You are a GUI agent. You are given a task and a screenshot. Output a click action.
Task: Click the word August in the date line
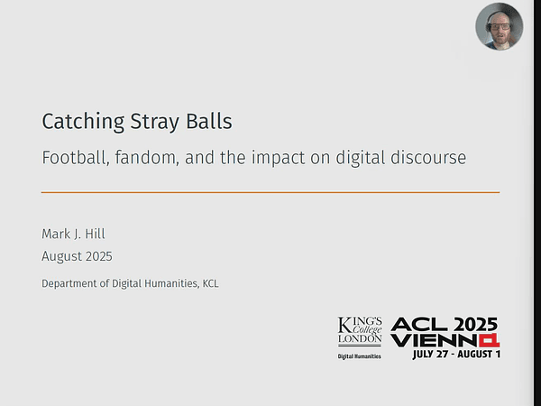pos(60,256)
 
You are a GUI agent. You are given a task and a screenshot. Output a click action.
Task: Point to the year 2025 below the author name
pos(97,256)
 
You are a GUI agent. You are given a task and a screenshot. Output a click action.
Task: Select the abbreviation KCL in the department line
pos(210,283)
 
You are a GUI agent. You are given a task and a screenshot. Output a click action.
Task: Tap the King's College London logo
pos(360,332)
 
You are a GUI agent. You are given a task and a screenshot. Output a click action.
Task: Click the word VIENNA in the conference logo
pos(445,340)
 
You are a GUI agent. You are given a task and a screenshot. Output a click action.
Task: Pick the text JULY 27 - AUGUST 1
pos(456,354)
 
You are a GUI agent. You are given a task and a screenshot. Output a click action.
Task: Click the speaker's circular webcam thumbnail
pos(499,27)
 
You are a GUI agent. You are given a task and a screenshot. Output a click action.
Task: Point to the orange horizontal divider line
pos(270,192)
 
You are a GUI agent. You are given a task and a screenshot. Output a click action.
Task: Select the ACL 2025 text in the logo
pos(445,325)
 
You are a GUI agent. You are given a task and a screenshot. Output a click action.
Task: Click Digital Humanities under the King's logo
pos(360,356)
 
